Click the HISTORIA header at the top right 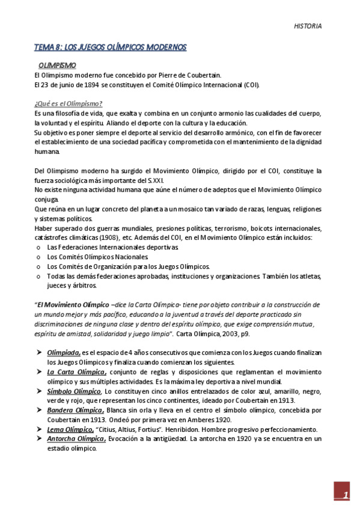click(308, 26)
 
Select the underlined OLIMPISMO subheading click(57, 64)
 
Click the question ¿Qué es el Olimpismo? click(68, 103)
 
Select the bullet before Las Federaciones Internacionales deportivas click(38, 248)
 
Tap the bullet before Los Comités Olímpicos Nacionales click(38, 257)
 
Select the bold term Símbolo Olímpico click(74, 392)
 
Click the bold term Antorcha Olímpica click(76, 439)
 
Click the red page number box click(341, 495)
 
